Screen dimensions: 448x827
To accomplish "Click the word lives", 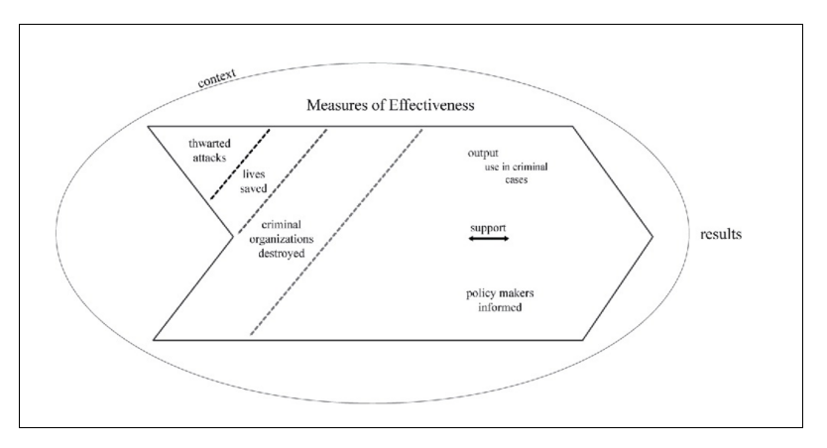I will click(x=255, y=173).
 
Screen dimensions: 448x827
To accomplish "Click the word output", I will click(x=484, y=154).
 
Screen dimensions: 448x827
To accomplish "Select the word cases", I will click(x=511, y=181).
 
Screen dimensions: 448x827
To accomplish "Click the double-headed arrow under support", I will click(x=488, y=239).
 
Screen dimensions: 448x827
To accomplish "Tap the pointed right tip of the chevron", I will click(x=651, y=235).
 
